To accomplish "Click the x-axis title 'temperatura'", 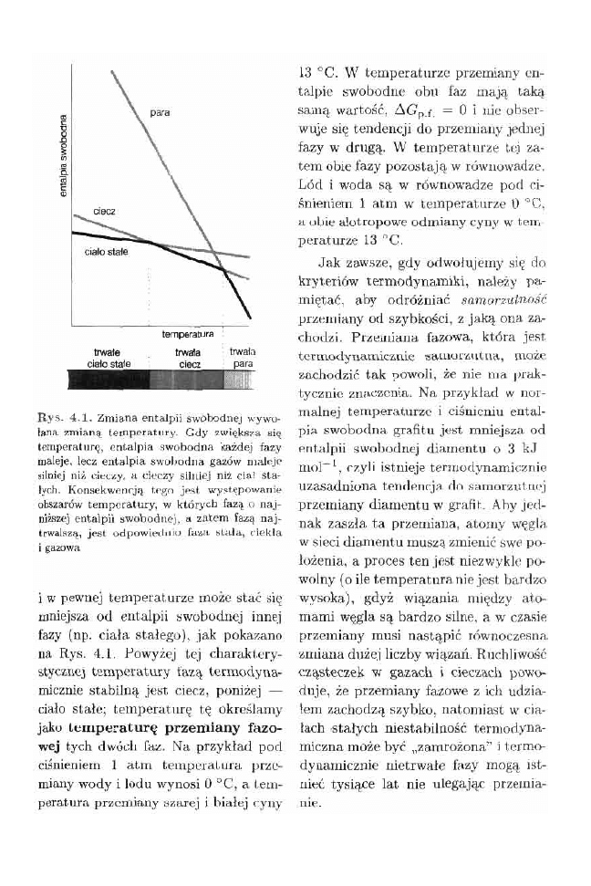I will pos(188,334).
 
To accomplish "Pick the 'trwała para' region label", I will pos(242,356).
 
